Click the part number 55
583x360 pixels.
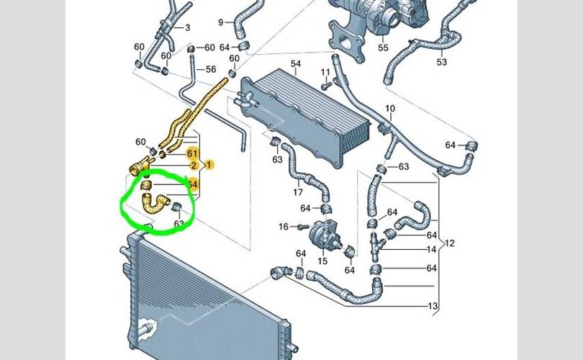click(384, 48)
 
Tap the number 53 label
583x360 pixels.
click(441, 62)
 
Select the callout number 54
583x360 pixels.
click(295, 64)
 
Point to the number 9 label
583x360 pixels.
click(221, 22)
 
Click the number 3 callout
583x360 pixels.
click(187, 28)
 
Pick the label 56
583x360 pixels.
click(210, 69)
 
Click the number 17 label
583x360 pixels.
click(297, 193)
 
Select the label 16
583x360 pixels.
click(284, 226)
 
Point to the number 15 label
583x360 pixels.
click(322, 260)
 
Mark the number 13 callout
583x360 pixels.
click(433, 306)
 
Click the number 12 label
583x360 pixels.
click(451, 243)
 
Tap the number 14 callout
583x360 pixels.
click(432, 249)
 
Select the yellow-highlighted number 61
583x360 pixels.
click(192, 153)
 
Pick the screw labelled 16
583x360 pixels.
click(299, 227)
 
